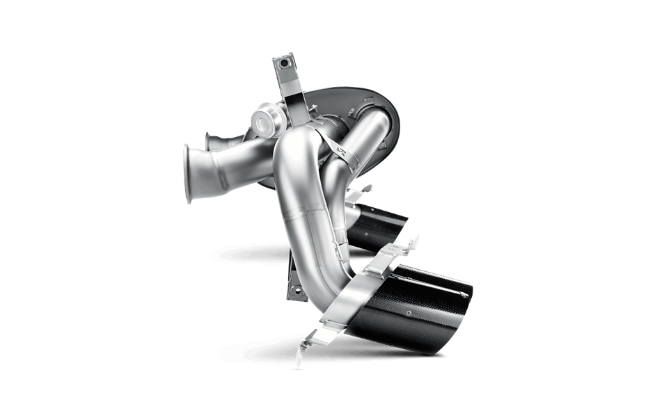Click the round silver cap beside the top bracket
point(265,119)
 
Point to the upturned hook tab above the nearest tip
point(414,243)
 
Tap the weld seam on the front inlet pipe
point(215,168)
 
